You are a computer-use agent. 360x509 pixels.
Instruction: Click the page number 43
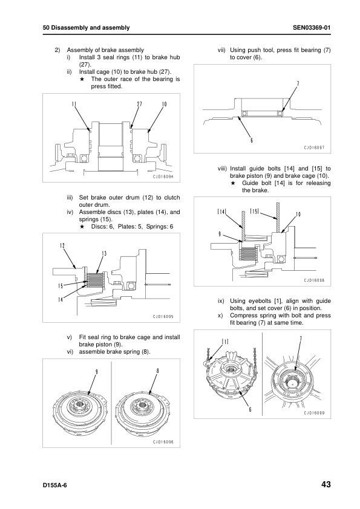click(326, 484)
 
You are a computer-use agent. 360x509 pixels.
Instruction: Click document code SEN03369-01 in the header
click(312, 28)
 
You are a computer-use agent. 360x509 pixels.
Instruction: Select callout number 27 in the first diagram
click(139, 104)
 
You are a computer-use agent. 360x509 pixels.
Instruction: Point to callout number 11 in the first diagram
click(74, 104)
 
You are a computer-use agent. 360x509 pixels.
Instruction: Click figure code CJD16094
click(163, 177)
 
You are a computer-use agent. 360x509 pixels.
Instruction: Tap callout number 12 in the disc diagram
click(62, 245)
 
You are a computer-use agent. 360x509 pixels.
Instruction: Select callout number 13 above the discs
click(104, 253)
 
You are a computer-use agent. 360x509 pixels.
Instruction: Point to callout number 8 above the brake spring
click(157, 371)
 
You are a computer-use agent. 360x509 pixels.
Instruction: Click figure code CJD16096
click(163, 442)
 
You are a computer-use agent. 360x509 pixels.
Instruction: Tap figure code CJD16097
click(314, 148)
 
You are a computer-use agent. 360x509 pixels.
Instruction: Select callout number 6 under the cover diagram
click(252, 141)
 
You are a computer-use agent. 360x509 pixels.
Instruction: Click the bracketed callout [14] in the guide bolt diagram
click(221, 212)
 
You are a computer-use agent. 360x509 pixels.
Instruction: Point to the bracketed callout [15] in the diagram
click(255, 212)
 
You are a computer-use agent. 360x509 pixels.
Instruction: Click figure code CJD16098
click(314, 280)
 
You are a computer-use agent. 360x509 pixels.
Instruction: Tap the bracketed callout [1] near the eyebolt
click(225, 342)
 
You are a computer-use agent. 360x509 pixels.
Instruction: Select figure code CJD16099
click(314, 413)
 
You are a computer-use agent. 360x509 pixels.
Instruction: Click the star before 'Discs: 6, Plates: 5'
click(82, 227)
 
